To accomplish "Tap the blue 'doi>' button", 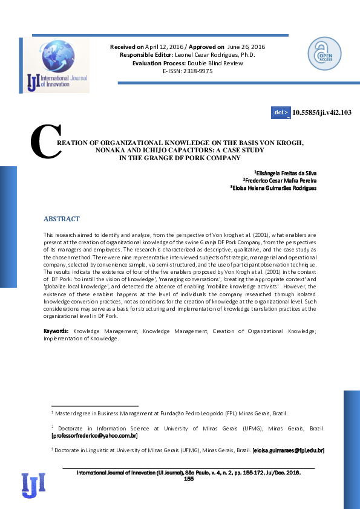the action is [281, 112].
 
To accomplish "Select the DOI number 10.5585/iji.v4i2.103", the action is [322, 112].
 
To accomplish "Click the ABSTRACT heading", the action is [62, 219].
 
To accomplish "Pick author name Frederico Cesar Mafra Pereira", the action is [280, 180].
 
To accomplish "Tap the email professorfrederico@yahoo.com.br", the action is [95, 435].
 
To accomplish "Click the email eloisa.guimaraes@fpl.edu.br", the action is [289, 450].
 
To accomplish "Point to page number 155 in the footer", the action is [188, 479].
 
